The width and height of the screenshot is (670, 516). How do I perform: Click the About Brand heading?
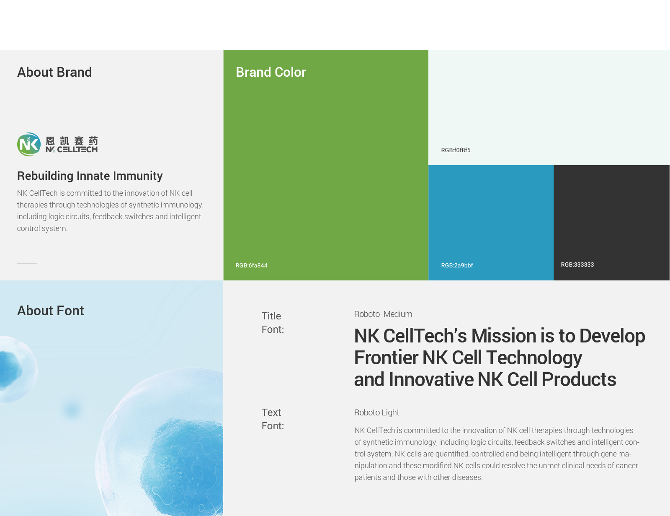point(54,72)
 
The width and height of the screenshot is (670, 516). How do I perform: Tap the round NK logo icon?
point(29,145)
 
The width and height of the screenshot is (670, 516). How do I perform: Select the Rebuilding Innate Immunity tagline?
point(90,176)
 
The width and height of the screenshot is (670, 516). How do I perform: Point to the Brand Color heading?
point(271,72)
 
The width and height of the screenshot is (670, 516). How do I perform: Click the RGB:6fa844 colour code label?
point(252,265)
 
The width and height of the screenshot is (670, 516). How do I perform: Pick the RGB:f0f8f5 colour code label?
point(456,150)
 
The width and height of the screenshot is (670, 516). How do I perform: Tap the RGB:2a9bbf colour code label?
point(457,265)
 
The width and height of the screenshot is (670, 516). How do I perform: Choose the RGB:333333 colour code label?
point(577,264)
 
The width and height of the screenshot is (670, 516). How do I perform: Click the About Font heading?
point(51,311)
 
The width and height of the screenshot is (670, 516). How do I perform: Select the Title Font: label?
point(273,323)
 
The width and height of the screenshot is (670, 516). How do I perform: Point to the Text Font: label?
point(273,419)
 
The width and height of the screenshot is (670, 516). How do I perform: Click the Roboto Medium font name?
point(383,314)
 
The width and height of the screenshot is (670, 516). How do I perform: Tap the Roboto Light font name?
point(377,412)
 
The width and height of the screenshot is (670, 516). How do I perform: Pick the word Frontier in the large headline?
point(386,358)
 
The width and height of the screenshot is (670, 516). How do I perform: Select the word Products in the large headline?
point(579,379)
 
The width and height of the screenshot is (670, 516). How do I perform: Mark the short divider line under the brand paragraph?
point(27,263)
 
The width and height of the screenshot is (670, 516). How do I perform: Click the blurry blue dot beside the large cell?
point(72,410)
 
